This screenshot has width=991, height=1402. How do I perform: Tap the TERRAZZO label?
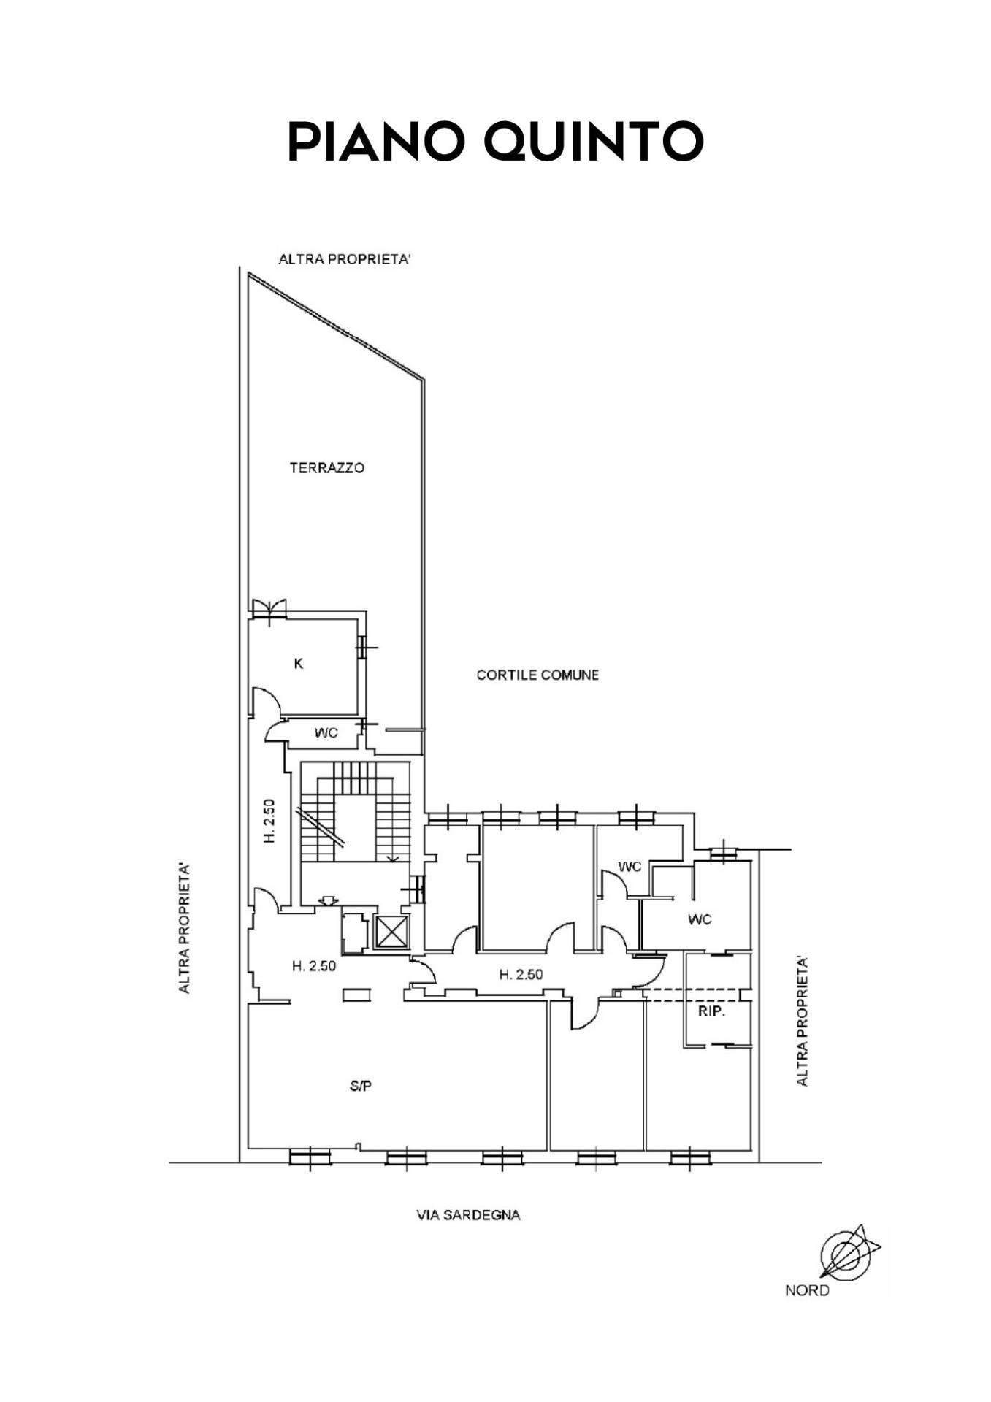point(326,468)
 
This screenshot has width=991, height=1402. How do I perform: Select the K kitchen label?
point(298,664)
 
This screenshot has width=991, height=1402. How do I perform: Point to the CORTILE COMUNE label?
point(537,675)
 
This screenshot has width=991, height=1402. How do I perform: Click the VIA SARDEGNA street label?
point(468,1216)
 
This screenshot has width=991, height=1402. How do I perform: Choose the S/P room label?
point(361,1086)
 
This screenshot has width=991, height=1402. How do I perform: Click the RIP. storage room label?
point(711,1012)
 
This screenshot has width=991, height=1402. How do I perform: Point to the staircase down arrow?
point(394,856)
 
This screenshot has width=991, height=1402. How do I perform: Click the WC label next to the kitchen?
point(326,733)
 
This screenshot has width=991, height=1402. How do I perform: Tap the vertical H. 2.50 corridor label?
point(269,821)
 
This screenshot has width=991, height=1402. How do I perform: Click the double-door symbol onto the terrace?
point(269,608)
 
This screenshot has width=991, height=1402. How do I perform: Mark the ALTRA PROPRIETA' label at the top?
point(345,259)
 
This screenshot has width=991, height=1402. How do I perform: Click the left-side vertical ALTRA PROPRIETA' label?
point(185,928)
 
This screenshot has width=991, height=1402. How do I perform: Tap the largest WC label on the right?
point(700,919)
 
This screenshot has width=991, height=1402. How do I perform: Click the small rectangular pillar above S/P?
point(357,994)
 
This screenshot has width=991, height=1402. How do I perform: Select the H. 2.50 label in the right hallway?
point(521,974)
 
